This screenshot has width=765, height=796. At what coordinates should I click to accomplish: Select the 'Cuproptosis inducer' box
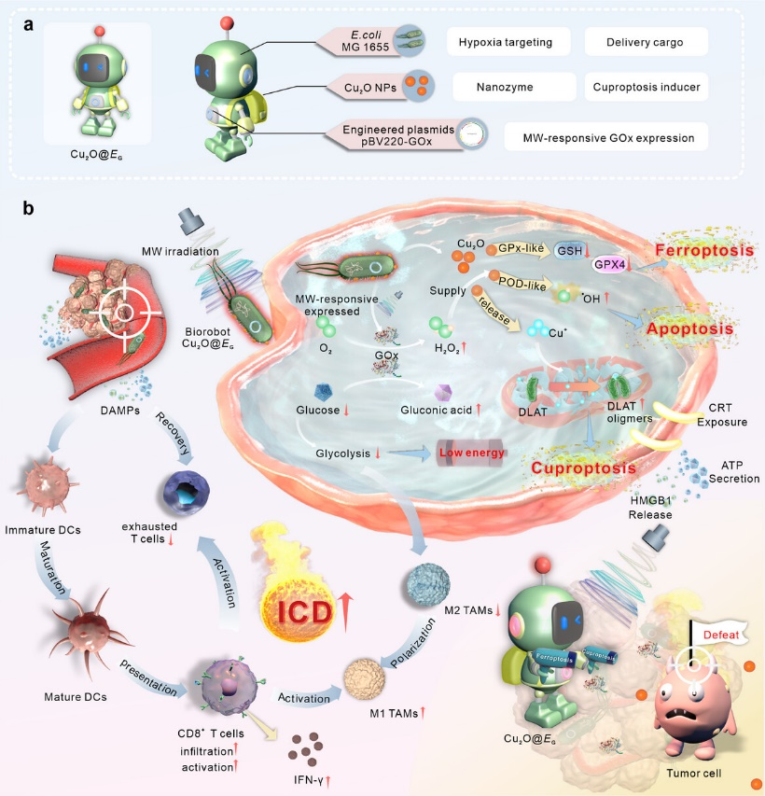646,88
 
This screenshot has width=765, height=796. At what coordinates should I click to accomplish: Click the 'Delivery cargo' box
646,42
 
